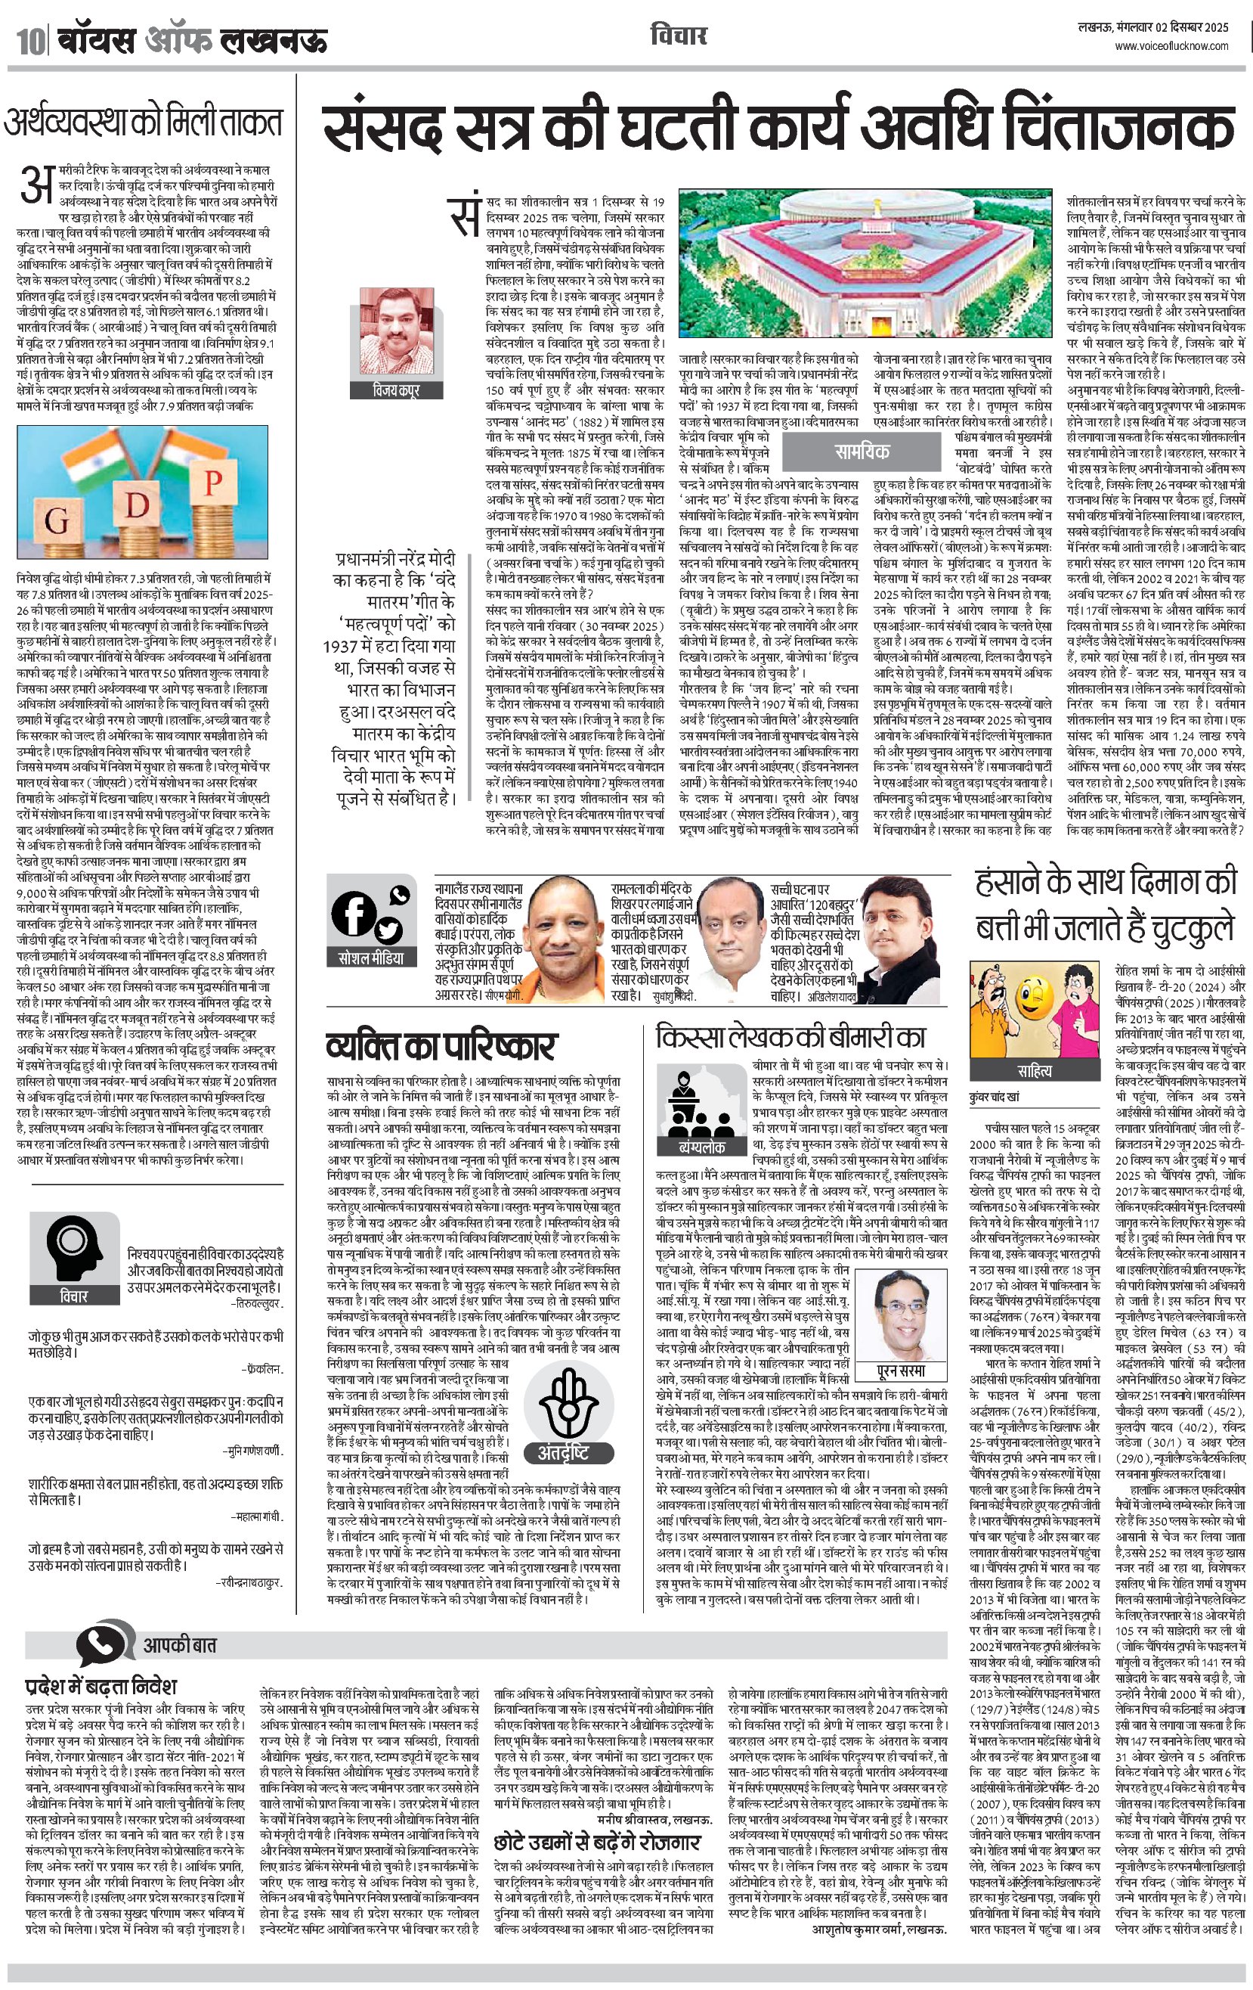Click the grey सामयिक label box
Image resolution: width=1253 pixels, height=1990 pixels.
[x=861, y=450]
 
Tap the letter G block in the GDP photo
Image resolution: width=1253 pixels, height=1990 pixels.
[x=57, y=519]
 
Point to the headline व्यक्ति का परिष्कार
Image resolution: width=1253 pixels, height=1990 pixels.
[x=441, y=1046]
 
